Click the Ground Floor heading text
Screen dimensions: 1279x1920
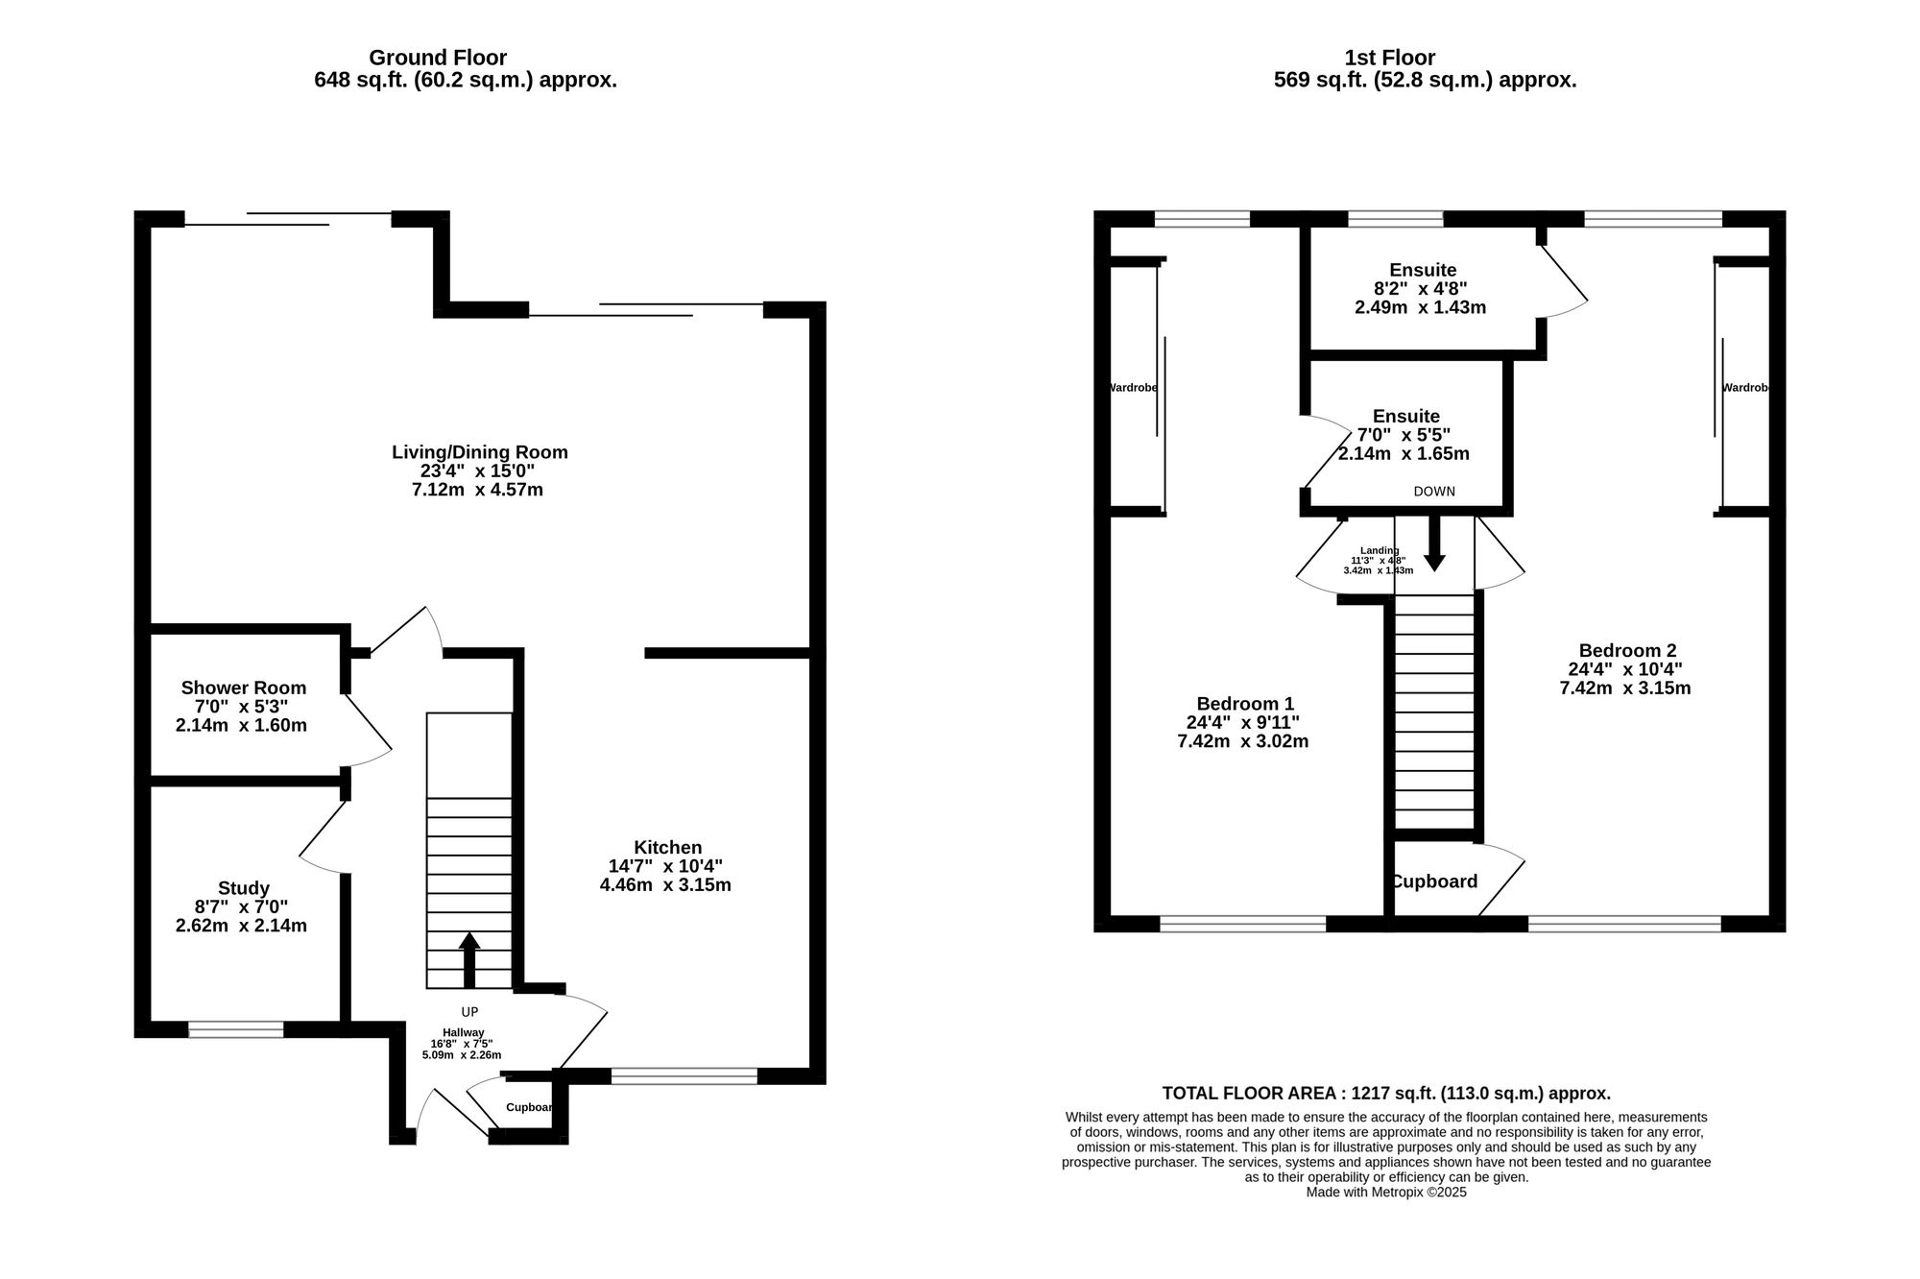pos(438,59)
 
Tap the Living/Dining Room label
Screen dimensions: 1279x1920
pos(479,452)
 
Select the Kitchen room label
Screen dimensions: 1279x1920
pos(667,848)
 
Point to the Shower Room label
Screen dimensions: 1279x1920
pos(244,688)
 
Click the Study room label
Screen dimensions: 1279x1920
pos(244,889)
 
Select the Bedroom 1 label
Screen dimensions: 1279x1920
pos(1244,704)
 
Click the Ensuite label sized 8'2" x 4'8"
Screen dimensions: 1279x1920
pos(1422,271)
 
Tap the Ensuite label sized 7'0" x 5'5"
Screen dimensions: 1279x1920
pos(1405,417)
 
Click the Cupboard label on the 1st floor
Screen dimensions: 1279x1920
pos(1434,881)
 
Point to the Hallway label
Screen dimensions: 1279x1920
pos(463,1033)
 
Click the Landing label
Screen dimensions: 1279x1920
pos(1379,550)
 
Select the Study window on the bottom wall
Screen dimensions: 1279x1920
pos(236,1029)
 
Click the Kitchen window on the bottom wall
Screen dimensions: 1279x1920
pos(684,1076)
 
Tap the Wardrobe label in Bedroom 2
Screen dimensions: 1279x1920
pos(1744,388)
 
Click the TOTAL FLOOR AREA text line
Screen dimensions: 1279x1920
pos(1386,1094)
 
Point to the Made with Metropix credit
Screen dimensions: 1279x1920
pos(1386,1193)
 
